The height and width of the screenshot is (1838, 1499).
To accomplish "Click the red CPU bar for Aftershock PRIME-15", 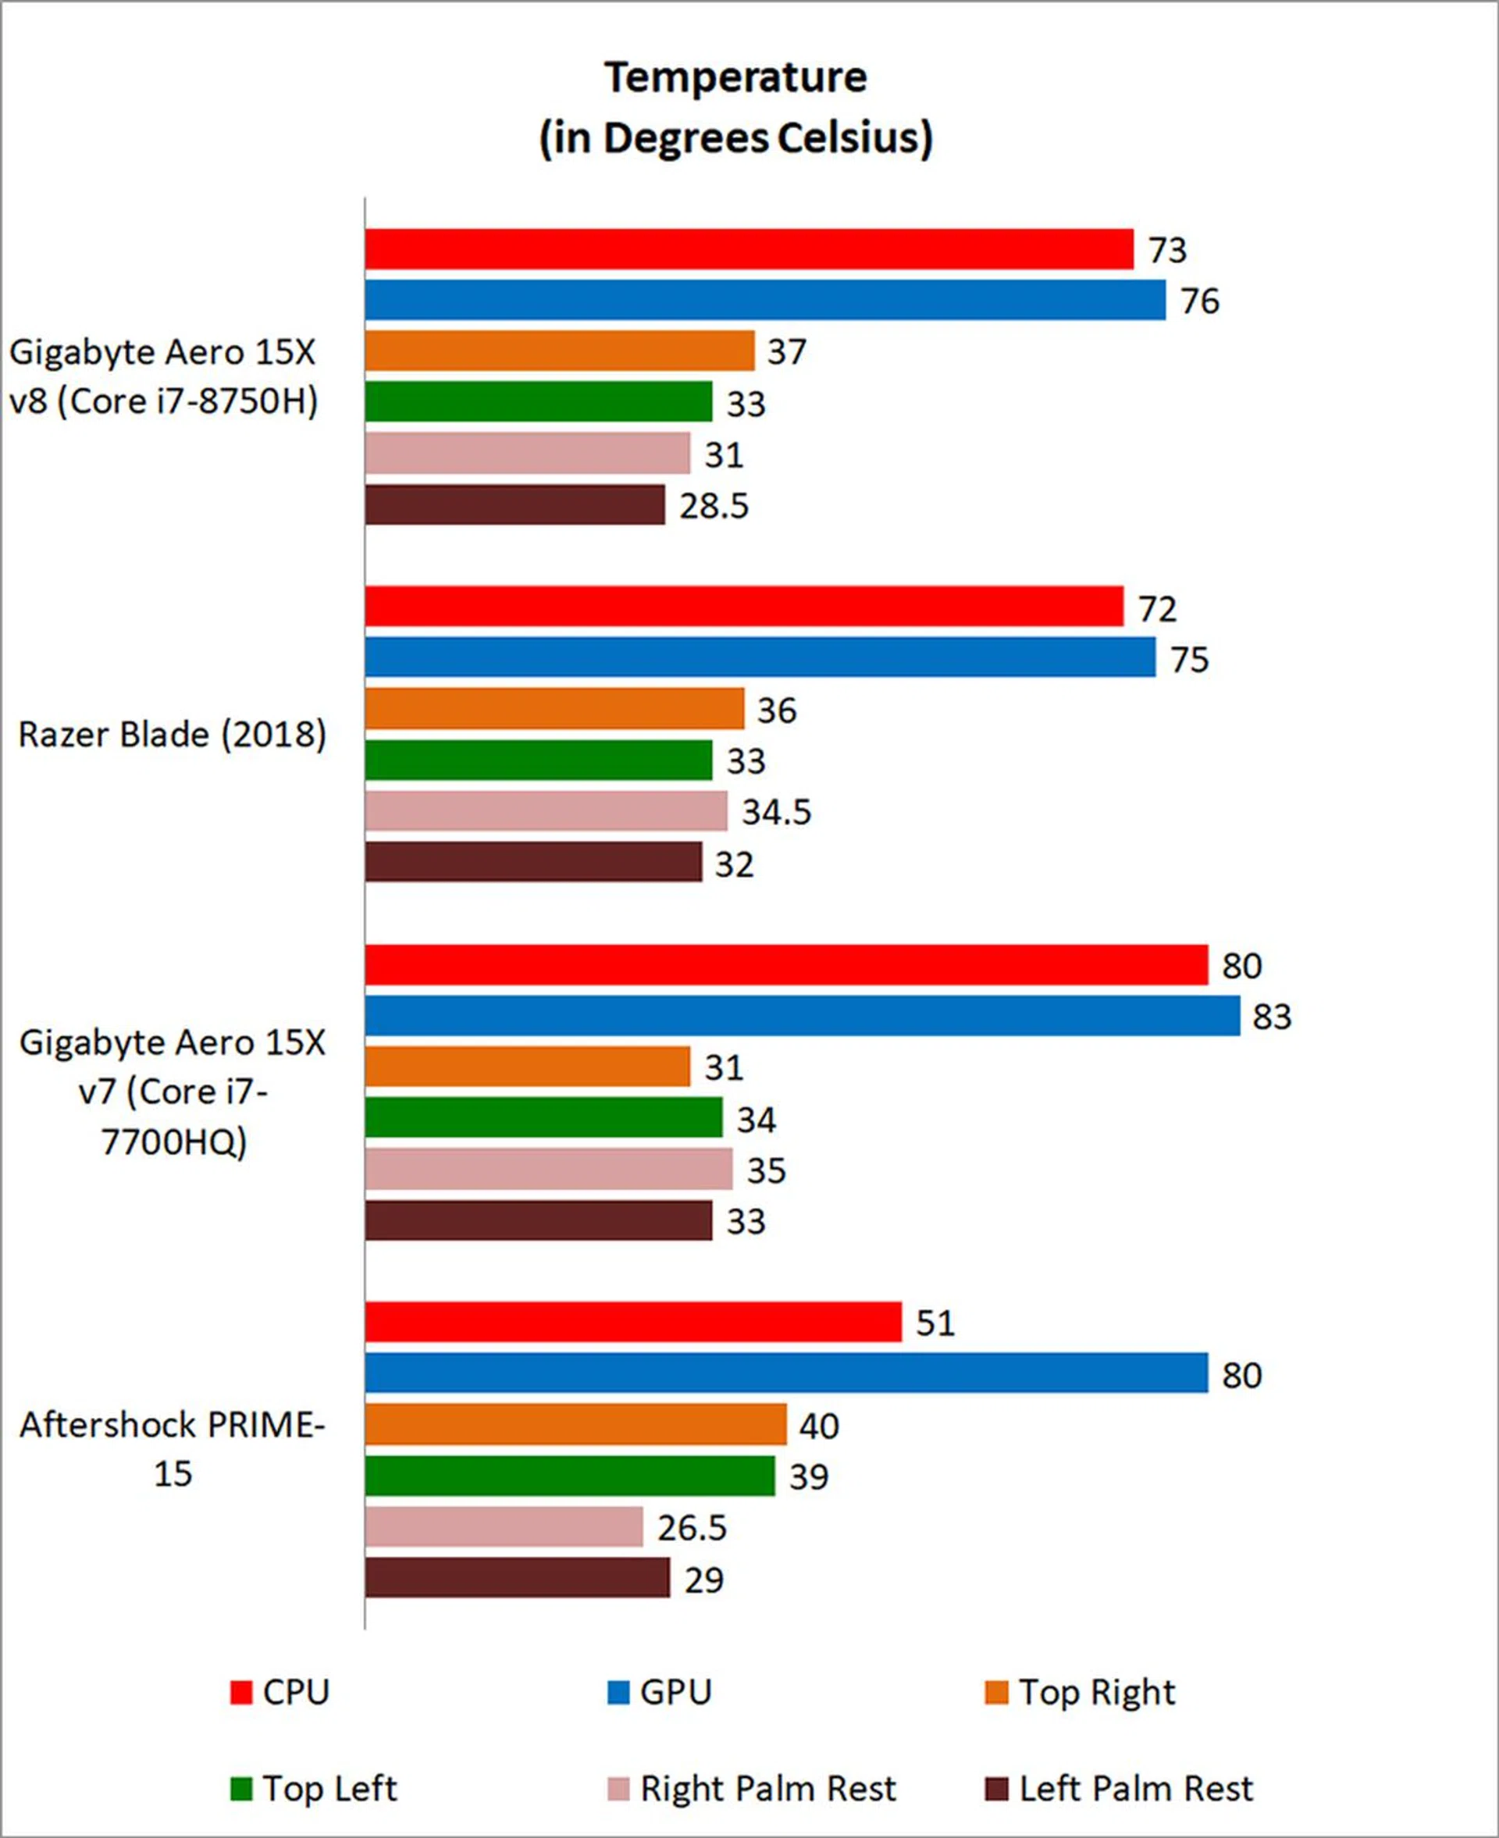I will point(633,1323).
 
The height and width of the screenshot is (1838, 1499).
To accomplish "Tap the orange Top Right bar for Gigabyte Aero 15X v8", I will point(560,351).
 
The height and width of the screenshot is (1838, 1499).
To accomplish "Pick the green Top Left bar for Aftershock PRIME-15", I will point(570,1476).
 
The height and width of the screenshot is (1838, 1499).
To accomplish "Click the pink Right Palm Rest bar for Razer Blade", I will point(546,811).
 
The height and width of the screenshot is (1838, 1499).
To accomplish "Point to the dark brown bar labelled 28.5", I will point(515,505).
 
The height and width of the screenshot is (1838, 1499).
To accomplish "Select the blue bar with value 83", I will point(802,1016).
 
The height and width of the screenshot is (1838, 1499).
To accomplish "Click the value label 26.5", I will point(692,1528).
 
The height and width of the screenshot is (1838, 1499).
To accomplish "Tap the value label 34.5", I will point(776,812).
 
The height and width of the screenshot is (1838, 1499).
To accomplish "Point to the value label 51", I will point(935,1323).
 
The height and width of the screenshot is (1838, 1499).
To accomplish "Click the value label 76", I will point(1199,301).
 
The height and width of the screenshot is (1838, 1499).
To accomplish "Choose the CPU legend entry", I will point(280,1692).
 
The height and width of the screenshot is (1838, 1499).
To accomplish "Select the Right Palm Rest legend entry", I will point(752,1789).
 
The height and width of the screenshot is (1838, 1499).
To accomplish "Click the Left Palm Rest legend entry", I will point(1119,1789).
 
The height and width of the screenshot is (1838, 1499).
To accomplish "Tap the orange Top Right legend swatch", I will point(996,1693).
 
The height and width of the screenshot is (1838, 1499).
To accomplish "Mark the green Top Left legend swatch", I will point(241,1790).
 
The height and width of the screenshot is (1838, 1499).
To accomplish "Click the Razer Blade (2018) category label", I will point(173,735).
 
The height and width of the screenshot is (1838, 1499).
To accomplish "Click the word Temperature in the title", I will point(735,78).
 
